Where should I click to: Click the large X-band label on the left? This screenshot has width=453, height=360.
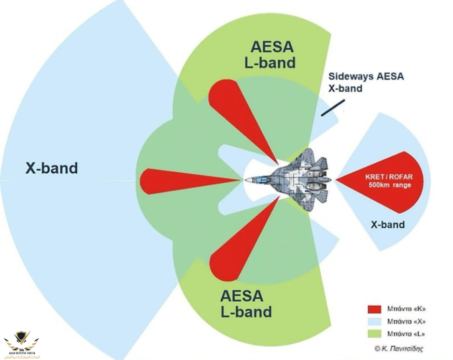pos(51,168)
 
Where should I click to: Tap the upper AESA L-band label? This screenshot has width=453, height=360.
pos(272,55)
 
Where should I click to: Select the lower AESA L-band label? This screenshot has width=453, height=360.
pos(246,303)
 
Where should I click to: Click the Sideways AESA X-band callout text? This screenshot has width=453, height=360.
pos(366,82)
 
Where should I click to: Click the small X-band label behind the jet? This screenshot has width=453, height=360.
pos(387,224)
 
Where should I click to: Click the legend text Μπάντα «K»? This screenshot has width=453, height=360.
pos(406,309)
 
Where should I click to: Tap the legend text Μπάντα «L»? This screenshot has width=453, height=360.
pos(406,334)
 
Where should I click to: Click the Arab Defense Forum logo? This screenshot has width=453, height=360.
pos(21,344)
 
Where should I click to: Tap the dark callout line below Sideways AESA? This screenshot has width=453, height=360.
pos(333,108)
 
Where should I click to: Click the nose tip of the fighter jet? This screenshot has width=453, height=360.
pos(246,180)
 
